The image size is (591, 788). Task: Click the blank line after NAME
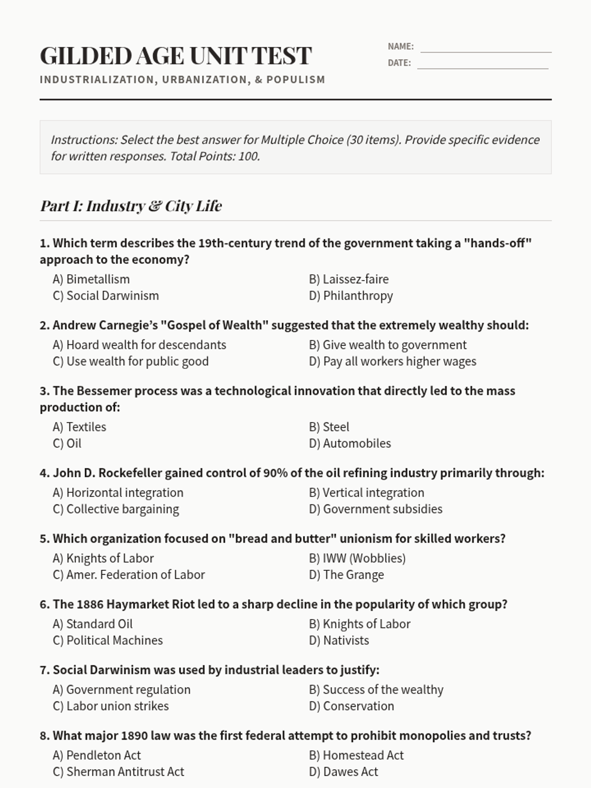point(486,48)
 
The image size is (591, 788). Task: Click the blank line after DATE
point(483,64)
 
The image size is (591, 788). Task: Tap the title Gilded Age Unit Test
point(176,56)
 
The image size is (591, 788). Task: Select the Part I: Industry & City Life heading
point(131,206)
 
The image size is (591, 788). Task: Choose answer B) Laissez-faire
point(349,279)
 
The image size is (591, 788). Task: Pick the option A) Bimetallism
point(92,279)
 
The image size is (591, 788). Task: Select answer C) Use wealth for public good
point(131,361)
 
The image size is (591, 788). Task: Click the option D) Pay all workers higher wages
point(393,361)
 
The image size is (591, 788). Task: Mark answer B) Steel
point(329,427)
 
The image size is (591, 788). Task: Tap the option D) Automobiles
point(350,443)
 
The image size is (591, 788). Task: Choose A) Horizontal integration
point(118,492)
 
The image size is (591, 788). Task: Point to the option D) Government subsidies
point(376,509)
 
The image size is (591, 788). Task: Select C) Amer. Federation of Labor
point(129,575)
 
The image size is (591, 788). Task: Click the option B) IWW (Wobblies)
point(357,558)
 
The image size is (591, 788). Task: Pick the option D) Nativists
point(339,640)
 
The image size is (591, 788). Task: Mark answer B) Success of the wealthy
point(376,689)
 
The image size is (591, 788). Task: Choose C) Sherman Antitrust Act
point(119,772)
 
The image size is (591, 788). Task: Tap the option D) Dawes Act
point(343,772)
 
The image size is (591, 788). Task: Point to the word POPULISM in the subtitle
point(295,80)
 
